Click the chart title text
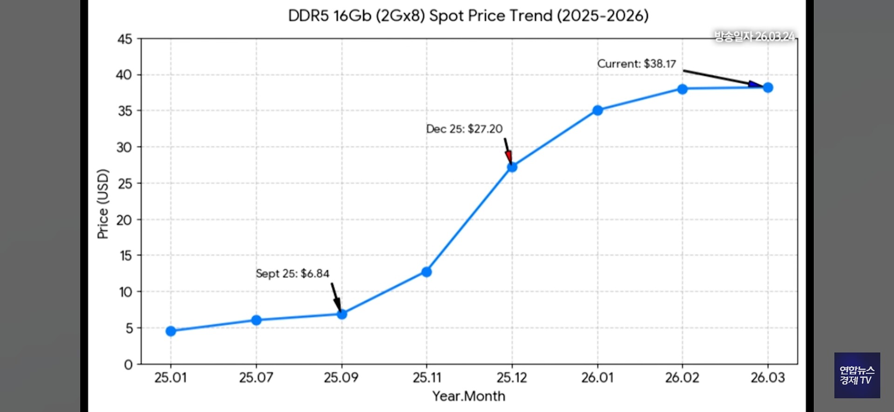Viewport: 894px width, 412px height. [468, 16]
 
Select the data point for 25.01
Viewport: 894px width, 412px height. [171, 331]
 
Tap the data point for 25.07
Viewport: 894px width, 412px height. [256, 320]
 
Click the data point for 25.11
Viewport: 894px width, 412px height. [427, 272]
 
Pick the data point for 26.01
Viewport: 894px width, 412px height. [597, 110]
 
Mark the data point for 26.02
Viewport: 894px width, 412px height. [682, 89]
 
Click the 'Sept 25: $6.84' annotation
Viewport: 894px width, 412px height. [292, 273]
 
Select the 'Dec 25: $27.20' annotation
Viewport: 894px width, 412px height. [464, 129]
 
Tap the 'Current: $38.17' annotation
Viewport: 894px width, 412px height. [637, 64]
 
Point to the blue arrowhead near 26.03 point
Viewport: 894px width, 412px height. [755, 85]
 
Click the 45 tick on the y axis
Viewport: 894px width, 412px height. [125, 39]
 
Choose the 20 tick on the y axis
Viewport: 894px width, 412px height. [124, 219]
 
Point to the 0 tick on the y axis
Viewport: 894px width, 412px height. [128, 365]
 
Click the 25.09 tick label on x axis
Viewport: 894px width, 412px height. [341, 378]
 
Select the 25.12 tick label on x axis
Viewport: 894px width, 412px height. [512, 378]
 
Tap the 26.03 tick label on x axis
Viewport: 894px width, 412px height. [767, 378]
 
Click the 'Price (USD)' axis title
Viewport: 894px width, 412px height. [103, 204]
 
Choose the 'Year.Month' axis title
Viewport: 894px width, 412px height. [468, 396]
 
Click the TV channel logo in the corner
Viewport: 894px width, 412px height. [857, 375]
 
